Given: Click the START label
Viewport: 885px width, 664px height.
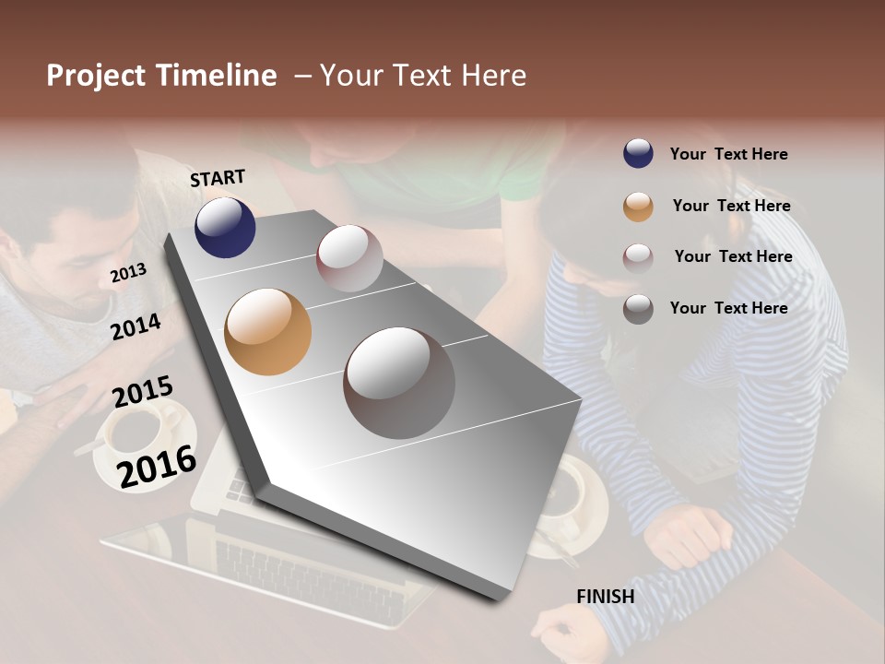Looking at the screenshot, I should coord(218,178).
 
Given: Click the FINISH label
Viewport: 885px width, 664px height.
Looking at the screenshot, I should coord(605,597).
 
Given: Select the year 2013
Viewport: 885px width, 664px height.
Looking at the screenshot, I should coord(128,273).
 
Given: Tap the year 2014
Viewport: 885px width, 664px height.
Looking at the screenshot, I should coord(136,326).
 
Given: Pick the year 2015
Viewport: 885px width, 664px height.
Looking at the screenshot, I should coord(142,393).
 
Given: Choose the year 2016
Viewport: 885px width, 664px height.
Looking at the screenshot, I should coord(157,466).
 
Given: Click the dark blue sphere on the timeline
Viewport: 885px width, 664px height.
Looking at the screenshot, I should coord(225,227).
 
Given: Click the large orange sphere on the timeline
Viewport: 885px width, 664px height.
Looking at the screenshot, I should coord(267,332).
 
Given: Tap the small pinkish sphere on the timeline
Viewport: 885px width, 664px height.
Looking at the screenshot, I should coord(349,258).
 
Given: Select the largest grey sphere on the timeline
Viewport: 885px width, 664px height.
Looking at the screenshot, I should coord(399,383).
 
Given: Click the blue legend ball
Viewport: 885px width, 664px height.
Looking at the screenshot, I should coord(638,154).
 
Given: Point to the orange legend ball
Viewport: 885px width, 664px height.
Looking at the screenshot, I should coord(638,207).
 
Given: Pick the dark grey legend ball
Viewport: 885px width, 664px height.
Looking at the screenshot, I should coord(638,309).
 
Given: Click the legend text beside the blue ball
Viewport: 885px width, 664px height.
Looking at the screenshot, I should coord(728,154).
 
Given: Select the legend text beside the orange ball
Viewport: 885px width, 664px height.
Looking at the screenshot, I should coord(731,206).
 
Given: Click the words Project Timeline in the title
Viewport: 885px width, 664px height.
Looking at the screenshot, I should coord(161,76).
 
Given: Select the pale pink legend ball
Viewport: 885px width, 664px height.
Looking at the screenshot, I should coord(638,258).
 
